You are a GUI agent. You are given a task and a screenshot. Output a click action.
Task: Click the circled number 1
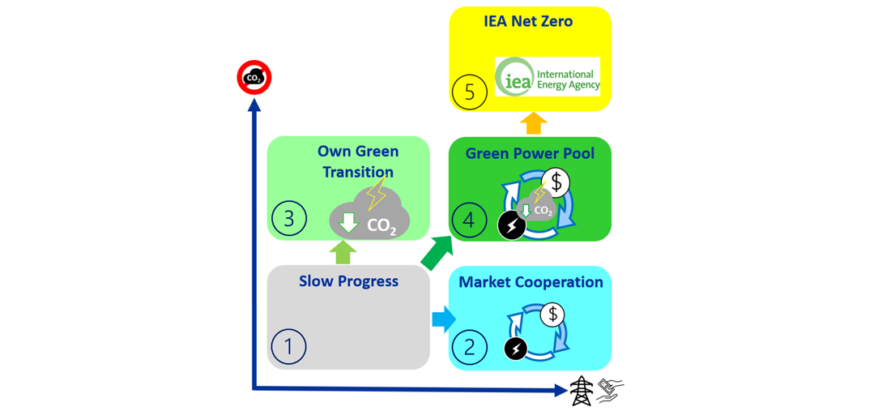click(x=288, y=346)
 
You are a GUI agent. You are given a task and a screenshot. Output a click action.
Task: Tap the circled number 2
click(x=470, y=347)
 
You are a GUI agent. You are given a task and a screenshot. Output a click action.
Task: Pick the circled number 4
click(x=469, y=220)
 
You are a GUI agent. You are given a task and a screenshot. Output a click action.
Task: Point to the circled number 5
click(x=470, y=92)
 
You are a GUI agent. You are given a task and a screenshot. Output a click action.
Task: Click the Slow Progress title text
click(x=348, y=281)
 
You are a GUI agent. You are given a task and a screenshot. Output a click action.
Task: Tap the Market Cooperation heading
click(x=531, y=282)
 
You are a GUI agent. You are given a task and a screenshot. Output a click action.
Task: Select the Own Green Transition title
click(x=357, y=161)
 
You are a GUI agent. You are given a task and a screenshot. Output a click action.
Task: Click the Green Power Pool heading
click(x=530, y=153)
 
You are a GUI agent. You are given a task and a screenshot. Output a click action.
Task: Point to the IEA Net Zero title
click(x=529, y=21)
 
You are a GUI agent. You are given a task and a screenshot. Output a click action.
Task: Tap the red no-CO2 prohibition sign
click(x=254, y=78)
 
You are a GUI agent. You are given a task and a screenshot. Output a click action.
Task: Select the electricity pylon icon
click(x=581, y=391)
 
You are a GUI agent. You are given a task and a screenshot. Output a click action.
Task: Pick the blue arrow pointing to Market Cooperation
click(x=443, y=319)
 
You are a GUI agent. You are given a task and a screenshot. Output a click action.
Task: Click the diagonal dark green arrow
click(x=437, y=252)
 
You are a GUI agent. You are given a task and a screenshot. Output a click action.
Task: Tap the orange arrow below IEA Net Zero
click(x=533, y=123)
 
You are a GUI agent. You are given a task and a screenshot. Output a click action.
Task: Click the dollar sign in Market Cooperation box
click(x=553, y=314)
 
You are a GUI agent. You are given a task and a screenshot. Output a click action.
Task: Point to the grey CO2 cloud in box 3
click(x=369, y=214)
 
